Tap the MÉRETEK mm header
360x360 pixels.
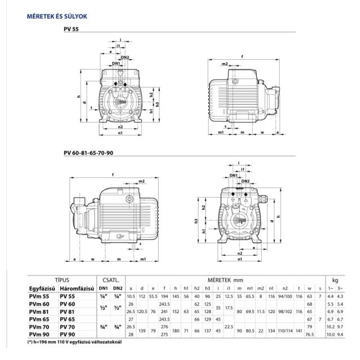223,279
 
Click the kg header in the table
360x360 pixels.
335,279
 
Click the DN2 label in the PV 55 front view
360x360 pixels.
125,58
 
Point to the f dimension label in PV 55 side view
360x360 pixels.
242,56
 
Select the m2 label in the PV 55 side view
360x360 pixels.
225,64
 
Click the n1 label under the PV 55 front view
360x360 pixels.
120,134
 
